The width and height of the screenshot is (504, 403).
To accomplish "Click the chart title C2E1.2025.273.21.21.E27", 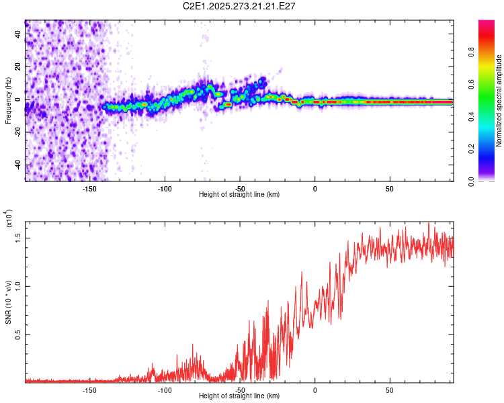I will coord(239,6).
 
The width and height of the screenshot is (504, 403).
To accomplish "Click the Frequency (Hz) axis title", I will coord(8,100).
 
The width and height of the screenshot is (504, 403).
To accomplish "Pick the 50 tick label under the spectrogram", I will coord(390,189).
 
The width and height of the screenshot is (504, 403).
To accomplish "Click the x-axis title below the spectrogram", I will coord(239,195).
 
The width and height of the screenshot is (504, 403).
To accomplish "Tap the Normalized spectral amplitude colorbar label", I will coord(499,101).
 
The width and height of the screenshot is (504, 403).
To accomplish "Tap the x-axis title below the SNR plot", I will coord(239,396).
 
